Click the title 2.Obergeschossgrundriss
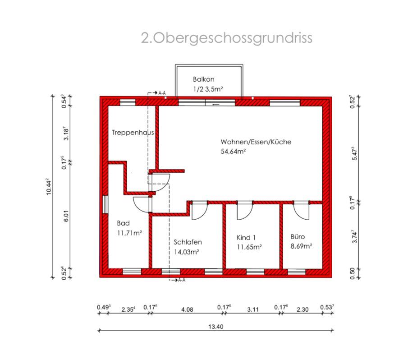pos(226,38)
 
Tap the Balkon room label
pos(203,79)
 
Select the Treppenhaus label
pos(133,133)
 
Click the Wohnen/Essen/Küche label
pos(256,142)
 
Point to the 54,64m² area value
pos(233,152)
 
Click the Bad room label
pos(123,223)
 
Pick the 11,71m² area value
pos(129,233)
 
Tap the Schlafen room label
pos(188,242)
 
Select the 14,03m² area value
pos(187,252)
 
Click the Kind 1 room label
pos(246,237)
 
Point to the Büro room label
pos(298,236)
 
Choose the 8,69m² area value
pos(302,246)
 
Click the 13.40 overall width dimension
pos(216,327)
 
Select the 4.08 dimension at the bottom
pos(187,309)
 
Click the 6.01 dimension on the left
pos(66,216)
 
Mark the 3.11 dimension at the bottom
pos(253,309)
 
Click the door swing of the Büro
pos(301,210)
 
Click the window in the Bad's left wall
pos(105,204)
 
